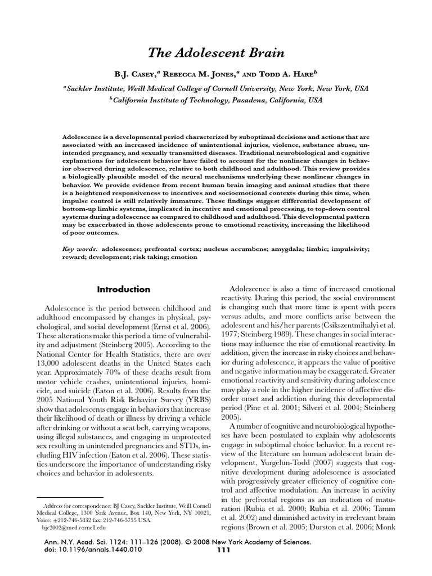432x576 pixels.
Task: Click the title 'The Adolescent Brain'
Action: point(216,53)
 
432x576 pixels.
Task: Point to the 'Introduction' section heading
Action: point(123,290)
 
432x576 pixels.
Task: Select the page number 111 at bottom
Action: point(223,565)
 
